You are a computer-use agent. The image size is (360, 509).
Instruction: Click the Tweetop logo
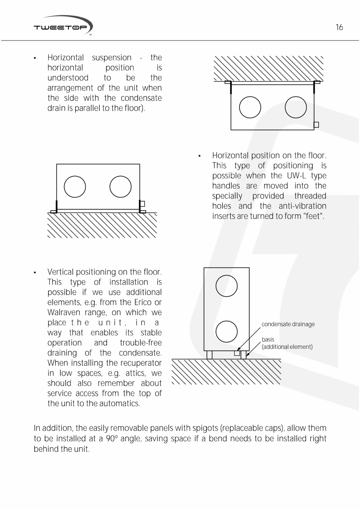coord(63,26)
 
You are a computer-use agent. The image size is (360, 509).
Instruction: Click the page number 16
coord(339,27)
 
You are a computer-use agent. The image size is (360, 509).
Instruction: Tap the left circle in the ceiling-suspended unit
coord(250,108)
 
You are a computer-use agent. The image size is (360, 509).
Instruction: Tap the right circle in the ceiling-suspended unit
coord(295,108)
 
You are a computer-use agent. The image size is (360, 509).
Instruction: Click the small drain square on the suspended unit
coord(316,125)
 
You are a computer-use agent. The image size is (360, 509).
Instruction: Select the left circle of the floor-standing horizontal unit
coord(75,187)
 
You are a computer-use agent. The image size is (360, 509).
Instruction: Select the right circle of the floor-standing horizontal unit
coord(121,187)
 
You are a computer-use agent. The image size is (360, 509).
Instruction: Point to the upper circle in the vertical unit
coord(227,286)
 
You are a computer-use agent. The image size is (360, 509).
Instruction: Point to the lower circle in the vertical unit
coord(227,331)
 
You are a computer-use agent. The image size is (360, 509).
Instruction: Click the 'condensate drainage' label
coord(288,324)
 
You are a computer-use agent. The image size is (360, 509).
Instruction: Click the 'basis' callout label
coord(268,340)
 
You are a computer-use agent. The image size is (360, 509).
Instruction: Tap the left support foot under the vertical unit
coord(209,355)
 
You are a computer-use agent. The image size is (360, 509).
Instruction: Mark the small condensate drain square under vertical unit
coord(237,353)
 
